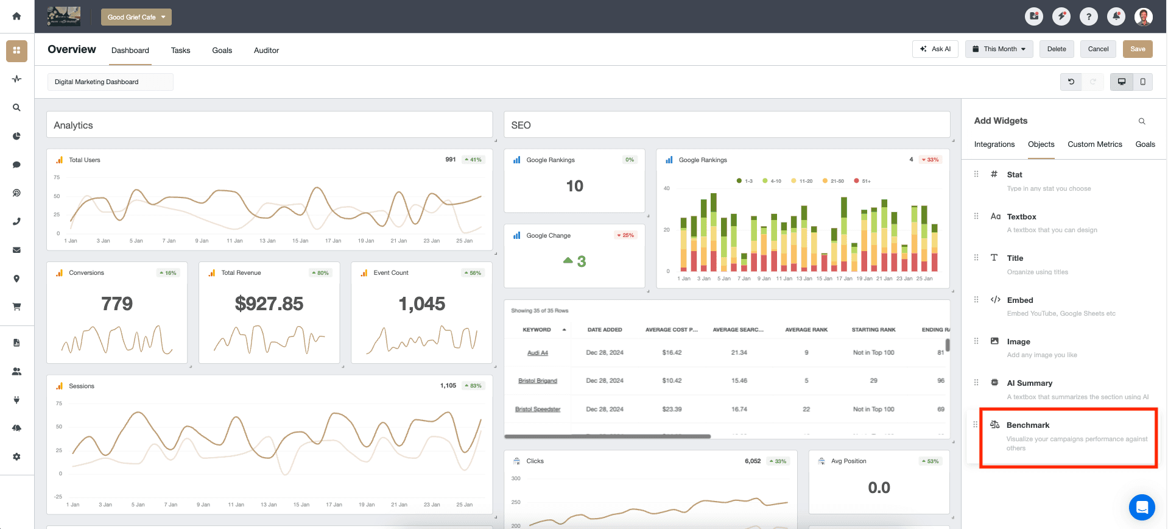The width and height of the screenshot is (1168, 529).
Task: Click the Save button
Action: click(1137, 49)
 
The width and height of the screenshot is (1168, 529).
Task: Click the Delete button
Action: click(1056, 49)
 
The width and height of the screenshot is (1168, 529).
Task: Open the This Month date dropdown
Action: click(999, 49)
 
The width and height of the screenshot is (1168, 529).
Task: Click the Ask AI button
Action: click(935, 49)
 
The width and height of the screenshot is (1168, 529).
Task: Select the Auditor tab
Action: click(266, 51)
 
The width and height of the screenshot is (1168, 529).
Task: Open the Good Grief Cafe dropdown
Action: click(136, 17)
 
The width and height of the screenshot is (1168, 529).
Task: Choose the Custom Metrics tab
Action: click(1094, 144)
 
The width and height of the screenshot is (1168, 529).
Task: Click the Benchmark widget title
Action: click(1027, 425)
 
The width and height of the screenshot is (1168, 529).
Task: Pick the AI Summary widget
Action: click(1029, 383)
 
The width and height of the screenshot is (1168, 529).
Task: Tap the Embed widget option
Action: click(1019, 300)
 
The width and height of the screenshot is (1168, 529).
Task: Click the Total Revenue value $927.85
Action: click(269, 304)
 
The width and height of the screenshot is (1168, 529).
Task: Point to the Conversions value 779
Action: click(117, 304)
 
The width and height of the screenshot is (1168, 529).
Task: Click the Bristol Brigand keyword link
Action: click(537, 381)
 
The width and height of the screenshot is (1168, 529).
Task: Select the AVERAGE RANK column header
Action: click(806, 330)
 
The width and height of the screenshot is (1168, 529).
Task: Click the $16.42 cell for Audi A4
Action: click(672, 353)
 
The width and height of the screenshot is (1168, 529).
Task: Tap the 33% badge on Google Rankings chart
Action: click(930, 160)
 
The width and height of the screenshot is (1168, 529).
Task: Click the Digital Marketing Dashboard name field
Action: click(110, 82)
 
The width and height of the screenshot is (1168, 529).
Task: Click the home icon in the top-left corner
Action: click(16, 16)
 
